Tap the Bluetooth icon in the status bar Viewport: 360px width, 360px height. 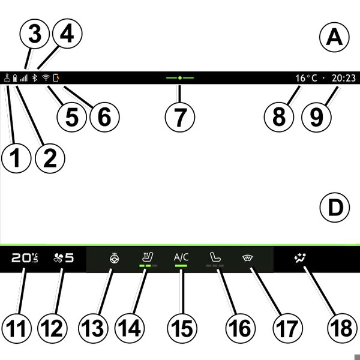pos(35,78)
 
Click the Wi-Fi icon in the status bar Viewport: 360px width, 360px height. pos(45,78)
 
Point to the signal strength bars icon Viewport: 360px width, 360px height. pos(24,78)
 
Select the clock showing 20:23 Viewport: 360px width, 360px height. pos(343,78)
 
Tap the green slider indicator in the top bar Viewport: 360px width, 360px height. pos(179,78)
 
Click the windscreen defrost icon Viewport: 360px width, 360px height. pos(246,259)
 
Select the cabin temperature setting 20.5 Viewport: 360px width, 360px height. pos(24,259)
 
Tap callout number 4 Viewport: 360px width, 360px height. pos(67,35)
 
